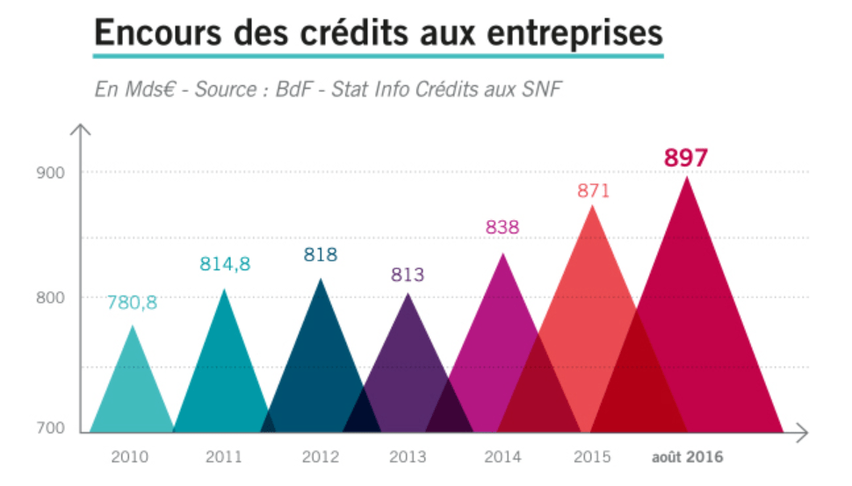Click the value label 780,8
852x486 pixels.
(x=132, y=303)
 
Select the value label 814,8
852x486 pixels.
(x=225, y=265)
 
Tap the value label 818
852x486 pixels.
(x=321, y=255)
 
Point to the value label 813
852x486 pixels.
(x=408, y=275)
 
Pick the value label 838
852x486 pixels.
(x=502, y=227)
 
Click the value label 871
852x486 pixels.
(x=593, y=190)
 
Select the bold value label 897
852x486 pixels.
(x=686, y=158)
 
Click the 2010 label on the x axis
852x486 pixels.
(x=130, y=457)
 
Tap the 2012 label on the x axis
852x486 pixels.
(x=320, y=457)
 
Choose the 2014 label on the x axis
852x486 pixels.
(x=502, y=457)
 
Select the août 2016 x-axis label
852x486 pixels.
(x=688, y=457)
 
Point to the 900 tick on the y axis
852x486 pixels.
(x=50, y=173)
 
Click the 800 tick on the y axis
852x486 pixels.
(x=50, y=298)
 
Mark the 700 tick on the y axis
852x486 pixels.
(x=50, y=428)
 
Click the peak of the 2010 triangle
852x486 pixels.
(x=133, y=326)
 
